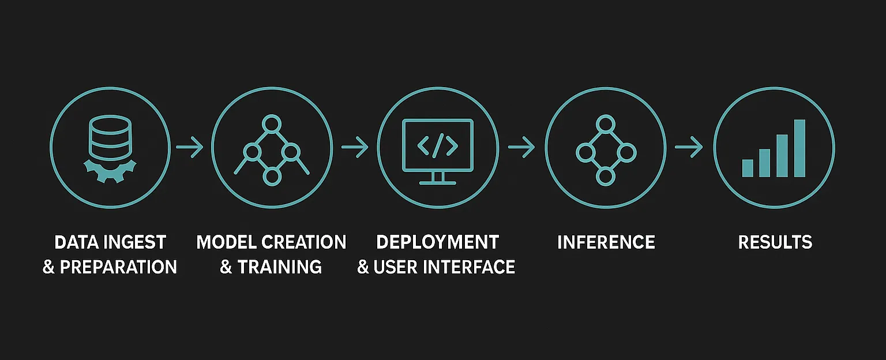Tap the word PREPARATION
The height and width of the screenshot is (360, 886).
coord(118,267)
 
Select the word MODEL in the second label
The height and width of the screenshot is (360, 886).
coord(225,242)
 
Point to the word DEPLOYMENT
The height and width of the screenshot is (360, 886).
coord(437,242)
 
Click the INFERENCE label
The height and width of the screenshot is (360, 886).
coord(606,242)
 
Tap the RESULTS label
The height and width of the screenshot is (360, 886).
coord(775,242)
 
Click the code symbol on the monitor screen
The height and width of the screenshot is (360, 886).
coord(438,148)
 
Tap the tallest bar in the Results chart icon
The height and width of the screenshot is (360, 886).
coord(799,148)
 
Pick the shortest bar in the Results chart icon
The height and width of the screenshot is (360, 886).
coord(748,168)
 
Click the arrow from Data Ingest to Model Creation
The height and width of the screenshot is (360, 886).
coord(190,148)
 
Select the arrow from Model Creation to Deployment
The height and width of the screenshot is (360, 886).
coord(355,148)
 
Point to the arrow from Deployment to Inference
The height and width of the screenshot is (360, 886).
coord(521,148)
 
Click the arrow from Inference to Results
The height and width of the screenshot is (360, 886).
coord(689,148)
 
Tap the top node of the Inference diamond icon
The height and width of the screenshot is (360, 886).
coord(605,123)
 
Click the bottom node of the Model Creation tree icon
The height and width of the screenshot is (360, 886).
coord(271,177)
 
